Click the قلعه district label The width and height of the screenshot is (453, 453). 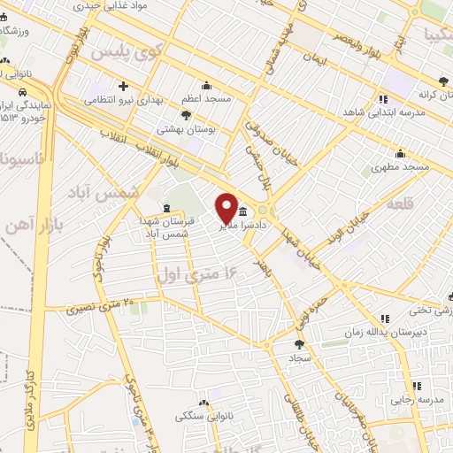click(x=403, y=203)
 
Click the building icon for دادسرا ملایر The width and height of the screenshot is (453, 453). click(x=242, y=211)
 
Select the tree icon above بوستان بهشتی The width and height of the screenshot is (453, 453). click(x=186, y=114)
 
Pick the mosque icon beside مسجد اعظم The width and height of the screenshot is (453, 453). click(x=207, y=86)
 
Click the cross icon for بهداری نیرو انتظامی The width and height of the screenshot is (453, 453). click(x=123, y=87)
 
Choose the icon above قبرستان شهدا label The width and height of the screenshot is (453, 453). click(x=166, y=209)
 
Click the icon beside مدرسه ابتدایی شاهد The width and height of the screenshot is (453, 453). click(x=382, y=100)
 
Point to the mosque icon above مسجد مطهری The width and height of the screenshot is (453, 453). click(x=400, y=152)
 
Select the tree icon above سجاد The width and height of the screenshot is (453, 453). click(x=297, y=345)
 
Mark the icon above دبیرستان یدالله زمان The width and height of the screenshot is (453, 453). click(x=384, y=318)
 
